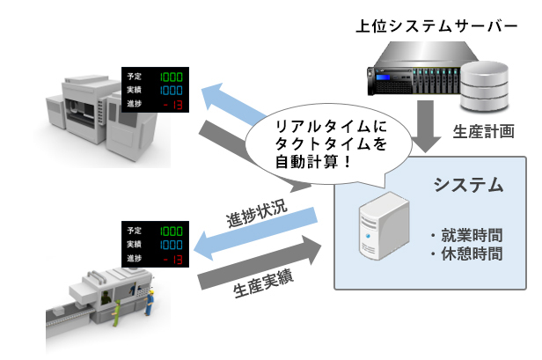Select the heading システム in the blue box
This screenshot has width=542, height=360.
467,185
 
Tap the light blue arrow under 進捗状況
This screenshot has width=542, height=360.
255,235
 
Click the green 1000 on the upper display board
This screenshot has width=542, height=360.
172,77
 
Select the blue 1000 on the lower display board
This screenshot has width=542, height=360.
172,244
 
